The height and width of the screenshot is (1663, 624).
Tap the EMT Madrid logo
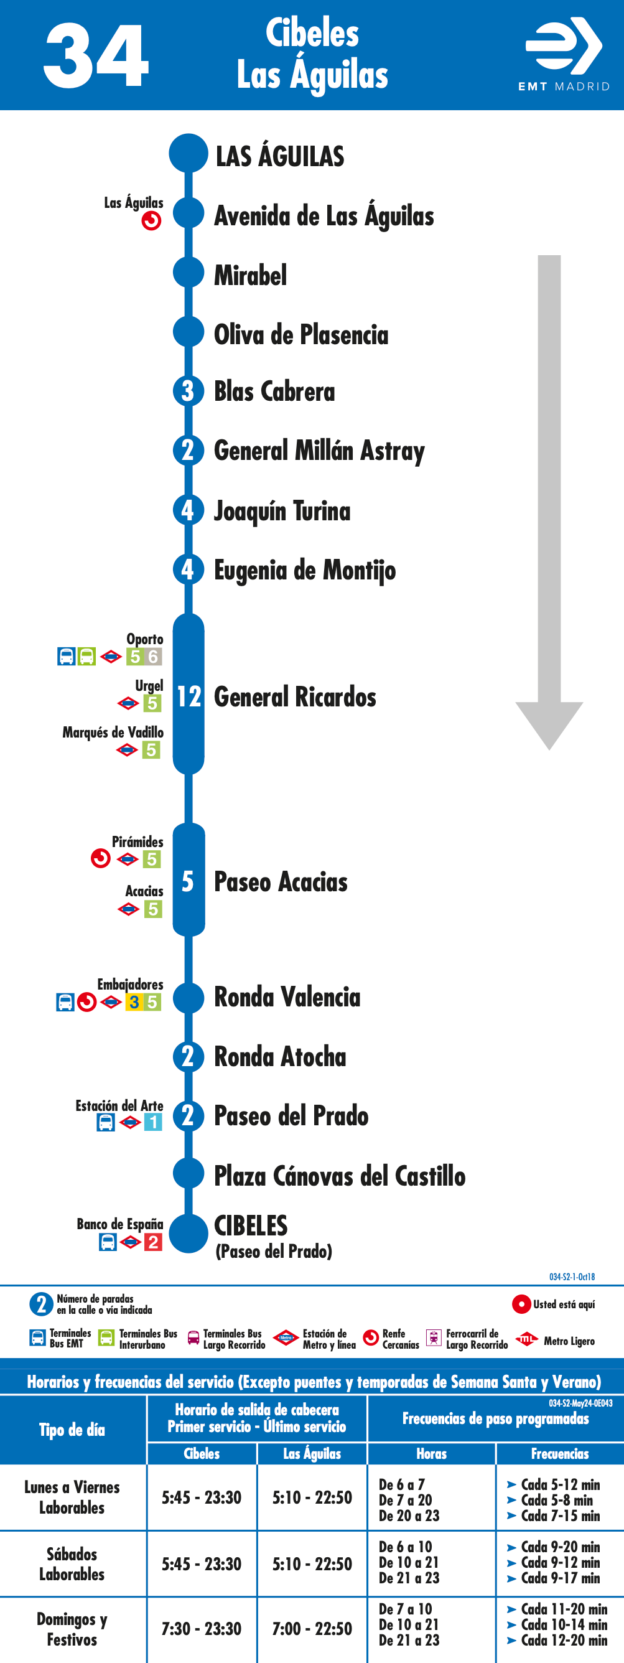coord(564,54)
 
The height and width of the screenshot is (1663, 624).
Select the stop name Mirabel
coord(250,276)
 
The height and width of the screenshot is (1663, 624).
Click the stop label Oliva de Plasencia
coord(301,335)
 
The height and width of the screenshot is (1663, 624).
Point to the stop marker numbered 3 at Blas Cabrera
coord(189,391)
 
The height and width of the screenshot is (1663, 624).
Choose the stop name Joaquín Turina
coord(282,510)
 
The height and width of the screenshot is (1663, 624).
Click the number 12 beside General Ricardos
coord(189,696)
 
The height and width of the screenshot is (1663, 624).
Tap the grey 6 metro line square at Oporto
coord(153,657)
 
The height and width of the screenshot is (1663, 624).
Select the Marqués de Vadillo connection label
coord(113,732)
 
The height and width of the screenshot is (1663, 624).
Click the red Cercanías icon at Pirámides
coord(101,859)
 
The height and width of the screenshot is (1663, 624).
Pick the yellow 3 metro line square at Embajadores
coord(134,1002)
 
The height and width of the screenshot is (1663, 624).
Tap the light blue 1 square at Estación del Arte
coord(153,1122)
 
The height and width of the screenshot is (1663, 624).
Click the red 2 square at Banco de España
coord(153,1242)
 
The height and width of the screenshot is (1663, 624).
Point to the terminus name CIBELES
coord(251,1225)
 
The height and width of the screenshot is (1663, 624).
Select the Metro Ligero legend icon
coord(527,1339)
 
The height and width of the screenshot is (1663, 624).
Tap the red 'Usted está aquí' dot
coord(521,1304)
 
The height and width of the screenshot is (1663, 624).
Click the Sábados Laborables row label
coord(72,1563)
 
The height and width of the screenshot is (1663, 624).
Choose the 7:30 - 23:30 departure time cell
coord(202,1629)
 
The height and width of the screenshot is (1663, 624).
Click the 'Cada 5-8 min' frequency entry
coord(556,1500)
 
